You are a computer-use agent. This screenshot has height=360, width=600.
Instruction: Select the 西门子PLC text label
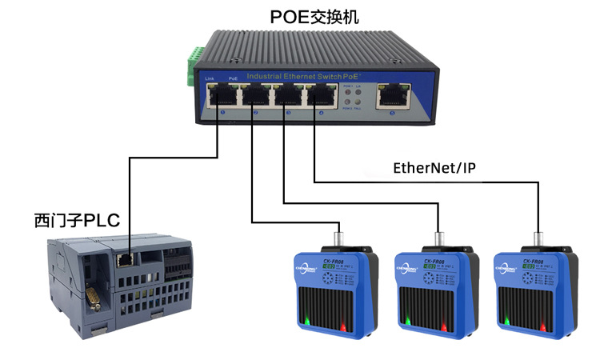click(x=77, y=219)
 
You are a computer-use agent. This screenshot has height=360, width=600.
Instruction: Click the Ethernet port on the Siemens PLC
click(x=126, y=259)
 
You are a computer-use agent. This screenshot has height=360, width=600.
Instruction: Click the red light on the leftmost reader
click(x=342, y=326)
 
